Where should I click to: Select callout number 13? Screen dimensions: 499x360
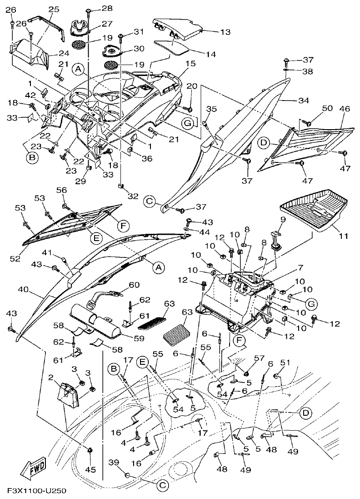213,32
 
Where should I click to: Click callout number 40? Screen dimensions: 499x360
23,289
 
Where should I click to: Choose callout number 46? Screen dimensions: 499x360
345,109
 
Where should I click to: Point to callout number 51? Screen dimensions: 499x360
285,362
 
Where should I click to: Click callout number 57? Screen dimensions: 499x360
259,358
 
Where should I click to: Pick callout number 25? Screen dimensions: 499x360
54,9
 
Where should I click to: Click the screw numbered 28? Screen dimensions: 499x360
89,10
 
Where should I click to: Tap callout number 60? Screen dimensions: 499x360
134,285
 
